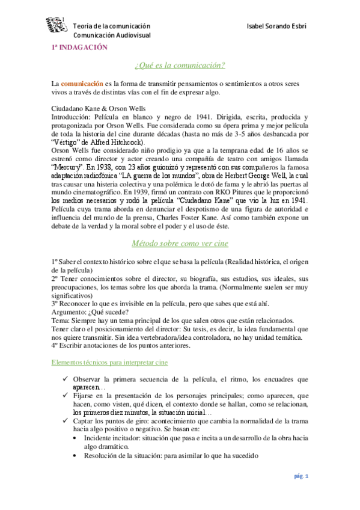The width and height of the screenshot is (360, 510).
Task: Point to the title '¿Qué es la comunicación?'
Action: pos(180,65)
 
